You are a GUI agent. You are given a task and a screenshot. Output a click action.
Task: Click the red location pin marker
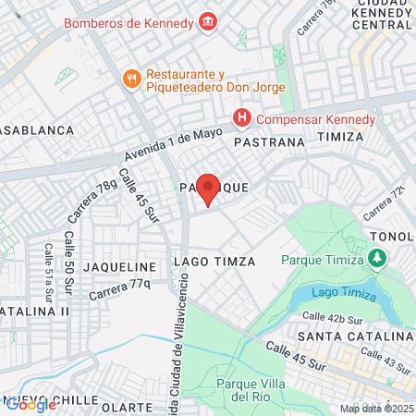tap(209, 189)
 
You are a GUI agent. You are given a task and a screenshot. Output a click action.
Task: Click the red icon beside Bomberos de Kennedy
tap(208, 19)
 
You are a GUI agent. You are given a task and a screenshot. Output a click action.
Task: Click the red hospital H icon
tap(241, 118)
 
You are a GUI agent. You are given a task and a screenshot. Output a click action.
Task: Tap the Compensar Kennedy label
tap(315, 119)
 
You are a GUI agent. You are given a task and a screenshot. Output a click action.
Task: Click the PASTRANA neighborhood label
tap(269, 143)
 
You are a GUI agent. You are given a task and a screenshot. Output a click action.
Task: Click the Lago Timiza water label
tap(344, 293)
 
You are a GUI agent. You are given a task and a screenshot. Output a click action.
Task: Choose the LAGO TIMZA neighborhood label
tap(214, 262)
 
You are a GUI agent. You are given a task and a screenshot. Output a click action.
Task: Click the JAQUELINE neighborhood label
tap(116, 265)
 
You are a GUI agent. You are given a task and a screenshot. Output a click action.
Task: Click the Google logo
tap(31, 404)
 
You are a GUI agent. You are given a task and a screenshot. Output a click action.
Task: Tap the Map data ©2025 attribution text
tap(376, 409)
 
